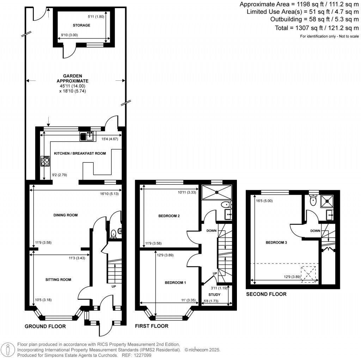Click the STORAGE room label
(x=81, y=25)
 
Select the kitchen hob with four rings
(x=45, y=161)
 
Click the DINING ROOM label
(x=65, y=215)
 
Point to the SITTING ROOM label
(x=58, y=280)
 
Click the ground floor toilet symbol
(x=114, y=233)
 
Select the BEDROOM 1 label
(x=175, y=283)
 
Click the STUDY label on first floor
(x=214, y=294)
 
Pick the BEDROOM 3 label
(x=276, y=242)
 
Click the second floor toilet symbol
(x=312, y=200)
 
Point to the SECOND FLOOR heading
(x=266, y=294)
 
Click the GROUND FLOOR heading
(x=45, y=327)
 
